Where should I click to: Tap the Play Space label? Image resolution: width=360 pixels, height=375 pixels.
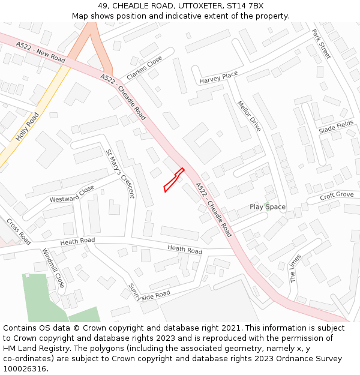tap(268, 207)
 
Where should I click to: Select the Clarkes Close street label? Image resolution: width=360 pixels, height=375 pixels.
tap(144, 68)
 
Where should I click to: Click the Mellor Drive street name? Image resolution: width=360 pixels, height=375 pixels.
tap(249, 116)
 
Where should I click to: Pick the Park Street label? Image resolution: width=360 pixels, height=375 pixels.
tap(322, 43)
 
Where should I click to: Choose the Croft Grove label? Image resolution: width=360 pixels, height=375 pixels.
tap(337, 195)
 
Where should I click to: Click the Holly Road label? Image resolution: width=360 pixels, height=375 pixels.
tap(27, 127)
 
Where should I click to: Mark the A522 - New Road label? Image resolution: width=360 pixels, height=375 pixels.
tap(41, 52)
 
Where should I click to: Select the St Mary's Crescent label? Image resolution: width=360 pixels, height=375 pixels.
tap(120, 173)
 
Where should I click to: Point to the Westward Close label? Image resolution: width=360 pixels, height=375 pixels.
tap(72, 194)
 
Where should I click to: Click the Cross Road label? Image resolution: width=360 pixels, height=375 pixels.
tap(19, 231)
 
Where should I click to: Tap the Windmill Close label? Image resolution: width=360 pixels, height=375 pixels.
tap(53, 268)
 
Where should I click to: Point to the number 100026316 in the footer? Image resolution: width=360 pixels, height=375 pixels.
tap(25, 369)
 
